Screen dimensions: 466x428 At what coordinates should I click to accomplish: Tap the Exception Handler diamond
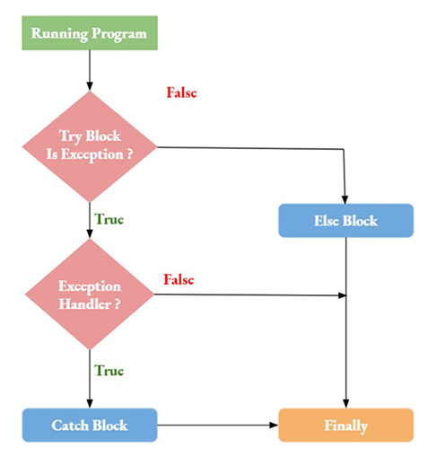pos(90,294)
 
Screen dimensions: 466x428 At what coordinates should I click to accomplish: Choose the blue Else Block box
pos(345,220)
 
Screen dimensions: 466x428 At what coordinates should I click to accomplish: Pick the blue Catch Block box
pos(90,425)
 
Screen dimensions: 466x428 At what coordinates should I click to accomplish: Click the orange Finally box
pos(345,425)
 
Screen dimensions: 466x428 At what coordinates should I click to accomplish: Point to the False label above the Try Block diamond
pos(181,92)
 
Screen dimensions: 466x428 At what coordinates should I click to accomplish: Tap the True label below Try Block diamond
pos(109,218)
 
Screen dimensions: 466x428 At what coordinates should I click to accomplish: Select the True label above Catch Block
pos(109,369)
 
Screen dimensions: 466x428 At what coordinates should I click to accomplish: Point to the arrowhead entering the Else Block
pos(345,199)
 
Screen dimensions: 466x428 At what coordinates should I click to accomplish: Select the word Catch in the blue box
pos(69,425)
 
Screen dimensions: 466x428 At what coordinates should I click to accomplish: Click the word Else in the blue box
pos(328,220)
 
